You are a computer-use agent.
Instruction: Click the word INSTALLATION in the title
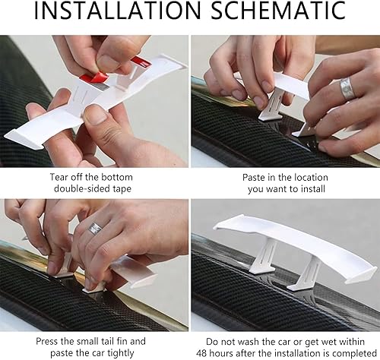coord(118,10)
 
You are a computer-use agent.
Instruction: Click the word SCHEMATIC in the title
coord(278,10)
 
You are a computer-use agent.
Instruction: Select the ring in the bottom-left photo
coord(94,228)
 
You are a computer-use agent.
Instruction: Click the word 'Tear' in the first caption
coord(59,177)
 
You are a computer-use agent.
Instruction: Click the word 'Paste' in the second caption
coord(253,178)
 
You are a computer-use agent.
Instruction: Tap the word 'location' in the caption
coord(310,178)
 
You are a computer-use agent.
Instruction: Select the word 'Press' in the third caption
coord(47,341)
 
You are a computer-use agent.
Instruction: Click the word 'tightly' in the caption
coord(121,353)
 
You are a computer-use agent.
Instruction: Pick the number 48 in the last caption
coord(201,353)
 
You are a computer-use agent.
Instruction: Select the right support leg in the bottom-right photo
coord(306,276)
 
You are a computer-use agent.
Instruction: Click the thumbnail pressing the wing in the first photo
coord(95,115)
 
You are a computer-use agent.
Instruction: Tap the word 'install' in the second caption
coord(313,189)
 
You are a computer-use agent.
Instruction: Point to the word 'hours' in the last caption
coord(221,353)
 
